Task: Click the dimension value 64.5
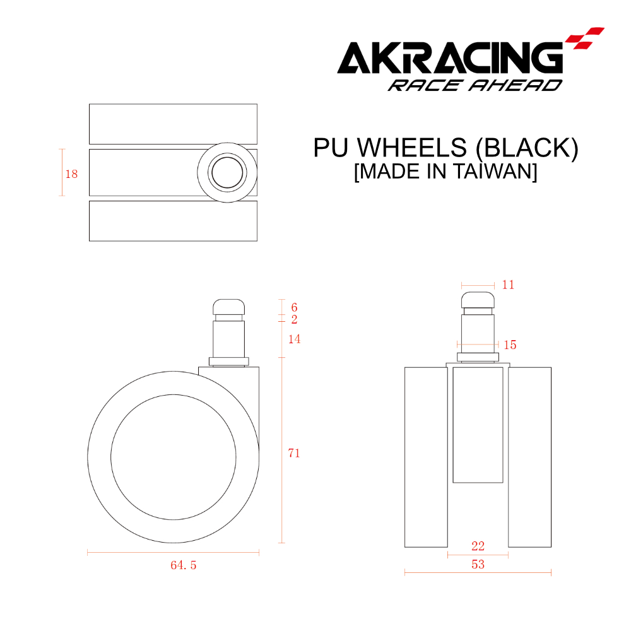tap(183, 565)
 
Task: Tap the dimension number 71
tap(294, 453)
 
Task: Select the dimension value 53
tap(478, 564)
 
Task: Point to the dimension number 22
tap(478, 546)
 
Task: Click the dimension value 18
tap(72, 174)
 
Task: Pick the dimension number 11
tap(508, 285)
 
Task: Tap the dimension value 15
tap(510, 345)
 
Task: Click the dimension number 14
tap(294, 339)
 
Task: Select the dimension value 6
tap(294, 307)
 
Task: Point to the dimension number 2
tap(294, 319)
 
